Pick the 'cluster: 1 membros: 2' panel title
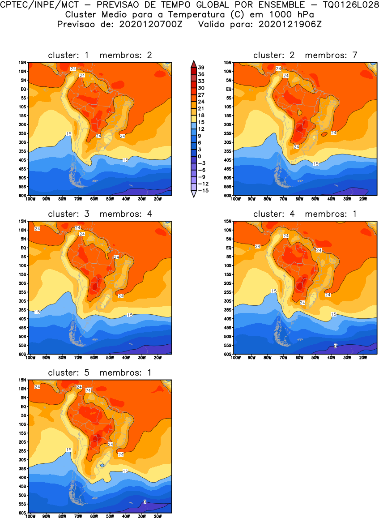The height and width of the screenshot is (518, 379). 100,56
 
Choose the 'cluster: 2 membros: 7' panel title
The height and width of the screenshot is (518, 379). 305,56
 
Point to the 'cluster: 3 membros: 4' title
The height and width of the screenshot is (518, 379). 100,214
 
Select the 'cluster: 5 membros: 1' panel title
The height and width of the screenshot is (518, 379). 100,372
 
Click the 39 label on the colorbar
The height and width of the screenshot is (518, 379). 201,67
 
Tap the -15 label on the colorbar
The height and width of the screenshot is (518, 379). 202,190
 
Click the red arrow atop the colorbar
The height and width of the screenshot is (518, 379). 193,63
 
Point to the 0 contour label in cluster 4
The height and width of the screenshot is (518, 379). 335,346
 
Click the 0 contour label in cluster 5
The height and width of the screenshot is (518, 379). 145,502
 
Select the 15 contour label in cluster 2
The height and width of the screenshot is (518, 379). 316,164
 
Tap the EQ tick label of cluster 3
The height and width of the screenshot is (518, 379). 25,248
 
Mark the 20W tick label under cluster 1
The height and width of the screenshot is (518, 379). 158,198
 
